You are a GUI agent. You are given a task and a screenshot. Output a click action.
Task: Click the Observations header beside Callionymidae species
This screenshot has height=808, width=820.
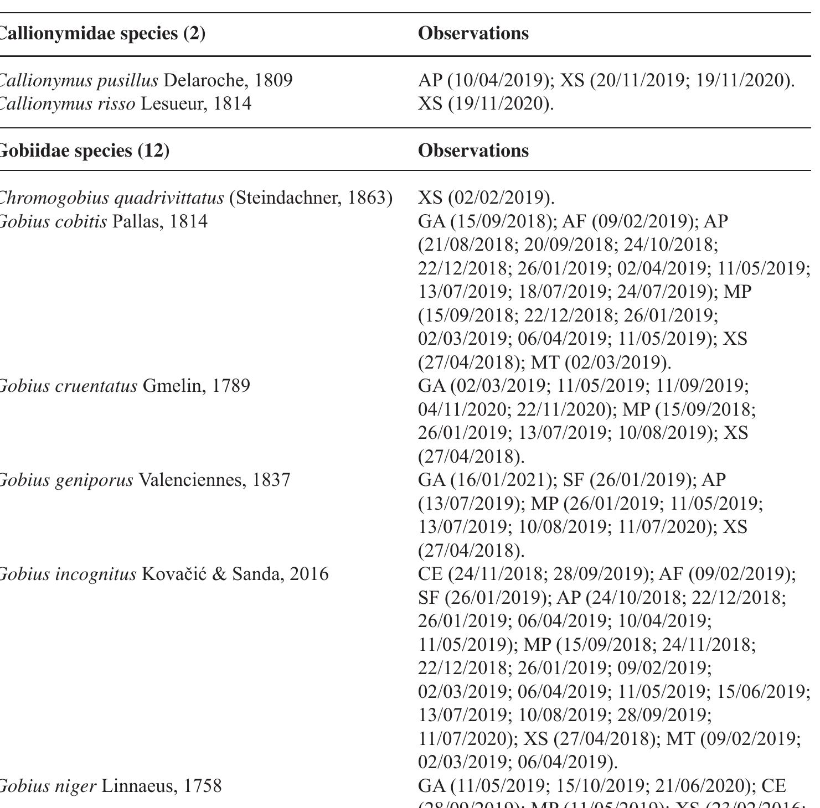coord(473,33)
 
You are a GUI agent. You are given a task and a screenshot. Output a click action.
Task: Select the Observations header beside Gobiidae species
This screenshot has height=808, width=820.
coord(473,151)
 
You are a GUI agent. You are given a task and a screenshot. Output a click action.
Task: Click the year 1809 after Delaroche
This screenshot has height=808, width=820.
coord(273,81)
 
